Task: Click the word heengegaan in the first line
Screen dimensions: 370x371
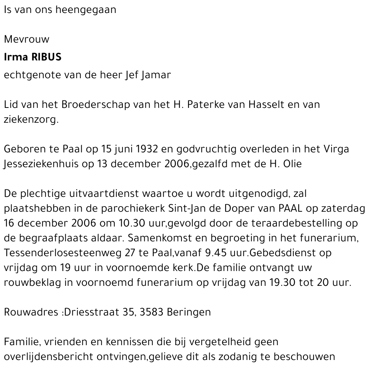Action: [x=86, y=10]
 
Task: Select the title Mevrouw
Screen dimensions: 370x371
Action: [x=26, y=39]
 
